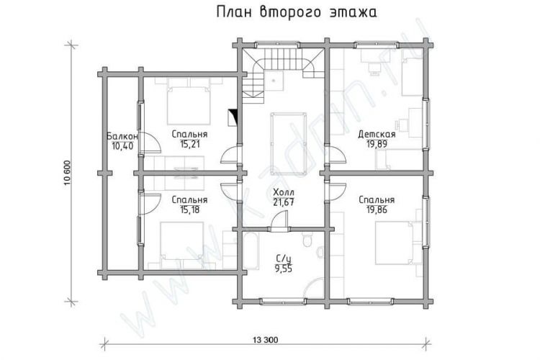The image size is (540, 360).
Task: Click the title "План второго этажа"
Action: point(297,12)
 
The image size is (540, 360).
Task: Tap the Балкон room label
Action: point(122,136)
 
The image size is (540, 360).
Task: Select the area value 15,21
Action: point(189,144)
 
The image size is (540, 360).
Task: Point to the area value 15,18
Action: point(189,210)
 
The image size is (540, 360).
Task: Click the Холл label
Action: point(284,192)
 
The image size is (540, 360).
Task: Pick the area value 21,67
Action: point(284,202)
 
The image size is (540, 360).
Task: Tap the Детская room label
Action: point(377,134)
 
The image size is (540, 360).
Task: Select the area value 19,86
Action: point(377,210)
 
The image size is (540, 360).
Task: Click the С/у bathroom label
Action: point(283,258)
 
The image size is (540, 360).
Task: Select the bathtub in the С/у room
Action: point(251,251)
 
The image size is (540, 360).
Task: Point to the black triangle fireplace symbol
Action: point(234,117)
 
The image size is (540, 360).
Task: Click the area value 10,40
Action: point(122,146)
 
